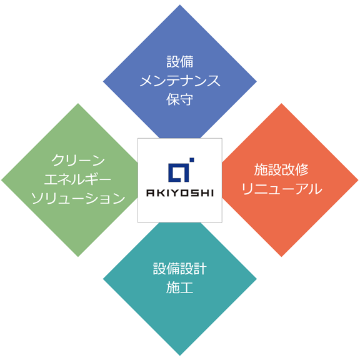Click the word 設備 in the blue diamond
[180, 62]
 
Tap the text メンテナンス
[180, 81]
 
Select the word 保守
[180, 99]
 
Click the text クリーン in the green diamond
[78, 160]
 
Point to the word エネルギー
[77, 179]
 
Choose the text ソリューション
[78, 198]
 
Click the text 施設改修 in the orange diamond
[281, 169]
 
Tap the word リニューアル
[282, 189]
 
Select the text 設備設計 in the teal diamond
[180, 269]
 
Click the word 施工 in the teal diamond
[180, 287]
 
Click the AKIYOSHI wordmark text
[180, 193]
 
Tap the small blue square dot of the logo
[192, 160]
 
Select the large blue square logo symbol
[179, 172]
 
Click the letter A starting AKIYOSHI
[150, 193]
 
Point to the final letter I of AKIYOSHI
[212, 193]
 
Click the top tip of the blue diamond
[180, 4]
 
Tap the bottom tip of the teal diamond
[180, 356]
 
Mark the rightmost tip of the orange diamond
[358, 180]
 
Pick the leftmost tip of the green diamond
[1, 180]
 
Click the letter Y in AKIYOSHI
[173, 193]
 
